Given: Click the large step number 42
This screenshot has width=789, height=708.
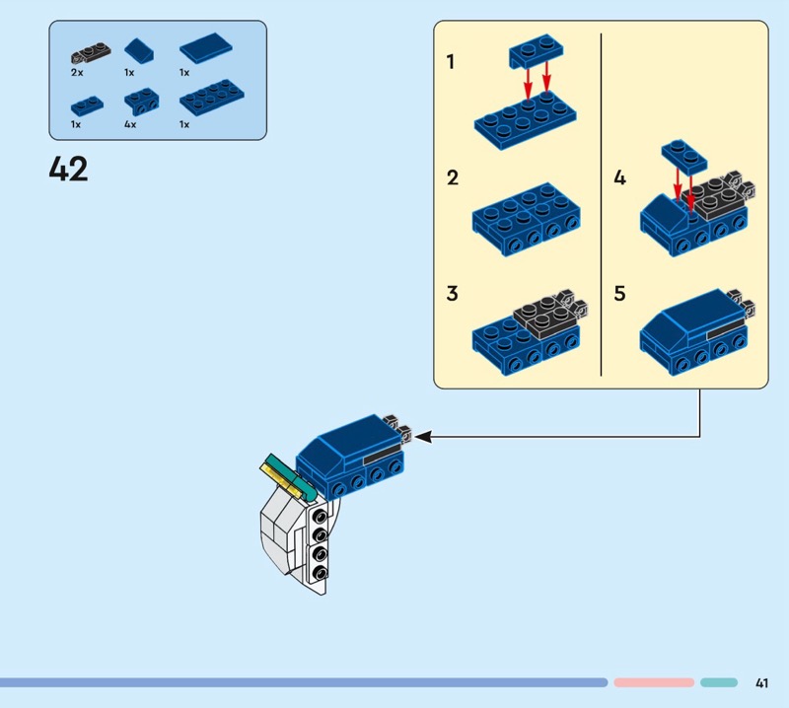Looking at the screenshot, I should pyautogui.click(x=68, y=170).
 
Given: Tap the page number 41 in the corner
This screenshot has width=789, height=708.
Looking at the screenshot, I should pyautogui.click(x=761, y=682).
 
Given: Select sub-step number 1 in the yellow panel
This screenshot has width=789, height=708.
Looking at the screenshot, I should pyautogui.click(x=451, y=62).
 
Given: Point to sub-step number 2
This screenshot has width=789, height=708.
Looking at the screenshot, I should pyautogui.click(x=452, y=178).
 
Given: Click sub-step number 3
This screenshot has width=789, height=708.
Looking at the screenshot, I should pyautogui.click(x=452, y=294).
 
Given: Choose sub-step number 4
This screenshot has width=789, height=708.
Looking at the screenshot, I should pyautogui.click(x=619, y=178).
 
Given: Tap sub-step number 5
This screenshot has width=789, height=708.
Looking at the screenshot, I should pyautogui.click(x=619, y=294).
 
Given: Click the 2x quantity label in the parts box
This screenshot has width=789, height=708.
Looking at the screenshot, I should pyautogui.click(x=77, y=73).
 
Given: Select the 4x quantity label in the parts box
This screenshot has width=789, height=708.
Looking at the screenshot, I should pyautogui.click(x=130, y=125).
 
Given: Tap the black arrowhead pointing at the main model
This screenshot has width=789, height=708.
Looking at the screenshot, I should pyautogui.click(x=422, y=435).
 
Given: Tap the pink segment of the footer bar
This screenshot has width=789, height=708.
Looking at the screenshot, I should pyautogui.click(x=654, y=682).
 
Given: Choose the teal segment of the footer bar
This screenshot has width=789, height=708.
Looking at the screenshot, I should pyautogui.click(x=719, y=682).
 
